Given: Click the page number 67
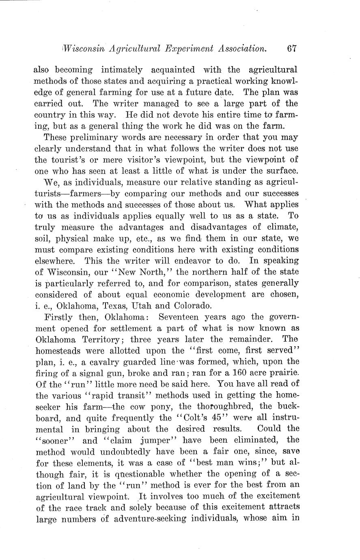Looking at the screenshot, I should click(x=292, y=48).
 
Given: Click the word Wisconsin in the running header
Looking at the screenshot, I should click(x=84, y=48).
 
